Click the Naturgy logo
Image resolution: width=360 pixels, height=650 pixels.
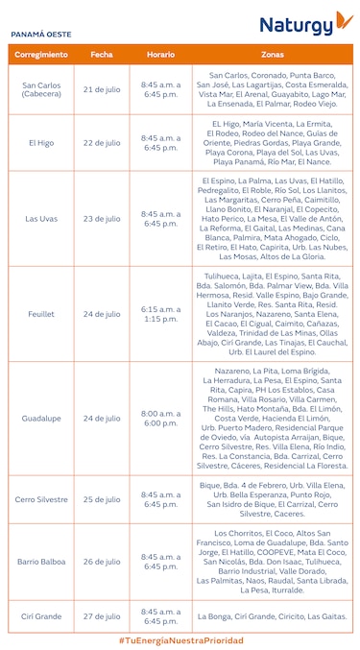click(x=305, y=24)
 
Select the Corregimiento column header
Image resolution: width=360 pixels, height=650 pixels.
click(x=41, y=54)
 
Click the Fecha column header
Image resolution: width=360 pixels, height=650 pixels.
click(x=102, y=54)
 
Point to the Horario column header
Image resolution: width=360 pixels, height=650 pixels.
click(x=160, y=54)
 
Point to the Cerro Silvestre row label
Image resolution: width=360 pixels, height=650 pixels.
click(x=41, y=499)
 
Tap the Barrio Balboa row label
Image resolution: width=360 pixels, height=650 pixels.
click(x=41, y=562)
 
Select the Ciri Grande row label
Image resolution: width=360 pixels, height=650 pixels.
click(x=41, y=616)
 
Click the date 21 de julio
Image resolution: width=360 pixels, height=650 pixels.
click(x=102, y=89)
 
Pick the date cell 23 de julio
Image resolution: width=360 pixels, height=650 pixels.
click(x=102, y=218)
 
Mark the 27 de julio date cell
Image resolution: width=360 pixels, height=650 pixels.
click(x=102, y=616)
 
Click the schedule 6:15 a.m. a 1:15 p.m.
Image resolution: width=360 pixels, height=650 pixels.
click(x=160, y=314)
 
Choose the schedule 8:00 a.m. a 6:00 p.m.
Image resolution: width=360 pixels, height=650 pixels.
click(x=160, y=418)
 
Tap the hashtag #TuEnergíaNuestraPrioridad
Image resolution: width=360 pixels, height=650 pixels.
click(x=180, y=639)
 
